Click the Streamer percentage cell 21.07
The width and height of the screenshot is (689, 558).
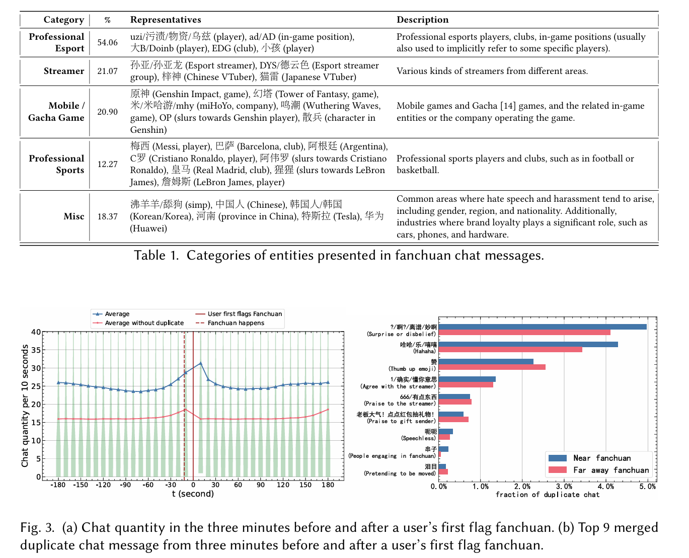(107, 71)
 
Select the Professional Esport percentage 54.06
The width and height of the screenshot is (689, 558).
(107, 43)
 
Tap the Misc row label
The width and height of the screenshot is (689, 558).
(74, 216)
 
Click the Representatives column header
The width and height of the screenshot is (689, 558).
(166, 20)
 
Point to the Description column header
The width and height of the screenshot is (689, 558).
(422, 20)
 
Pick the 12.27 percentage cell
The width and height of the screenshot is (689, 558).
(107, 165)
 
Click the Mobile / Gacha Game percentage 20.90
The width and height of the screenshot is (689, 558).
(107, 112)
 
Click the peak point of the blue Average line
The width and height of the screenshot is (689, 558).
(200, 363)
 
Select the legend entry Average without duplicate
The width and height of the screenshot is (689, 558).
(144, 323)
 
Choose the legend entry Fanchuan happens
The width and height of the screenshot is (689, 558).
(236, 323)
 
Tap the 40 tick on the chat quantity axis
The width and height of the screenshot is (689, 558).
(36, 332)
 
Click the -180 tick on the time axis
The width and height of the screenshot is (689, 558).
(58, 485)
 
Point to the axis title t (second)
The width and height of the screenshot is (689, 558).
(193, 494)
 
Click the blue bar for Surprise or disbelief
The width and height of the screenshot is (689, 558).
(543, 327)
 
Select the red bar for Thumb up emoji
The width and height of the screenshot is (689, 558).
(492, 367)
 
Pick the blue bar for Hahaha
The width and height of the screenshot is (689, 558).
(528, 345)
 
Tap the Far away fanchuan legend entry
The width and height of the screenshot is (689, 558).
(610, 470)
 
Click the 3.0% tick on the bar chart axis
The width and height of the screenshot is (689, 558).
(564, 487)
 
